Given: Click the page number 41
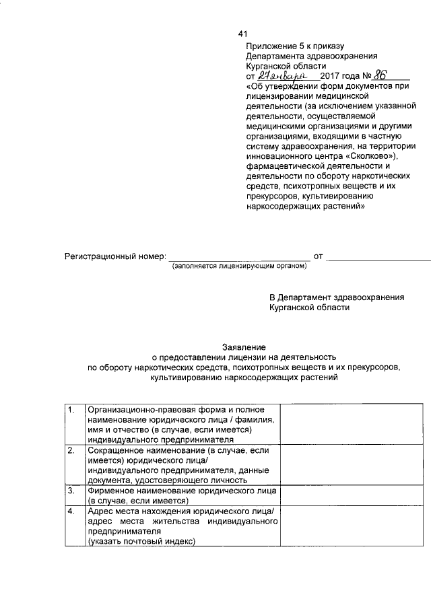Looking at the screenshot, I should click(x=243, y=34).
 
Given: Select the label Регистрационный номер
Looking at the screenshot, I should click(x=114, y=257).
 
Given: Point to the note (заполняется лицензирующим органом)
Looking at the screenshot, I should click(x=239, y=266).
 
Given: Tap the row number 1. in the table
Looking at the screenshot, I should click(x=71, y=410).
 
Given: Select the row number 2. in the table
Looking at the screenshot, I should click(x=71, y=450).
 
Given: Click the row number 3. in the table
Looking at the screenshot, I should click(x=71, y=491).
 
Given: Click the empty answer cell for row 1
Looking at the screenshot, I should click(x=352, y=424).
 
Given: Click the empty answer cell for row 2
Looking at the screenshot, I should click(x=352, y=464).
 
